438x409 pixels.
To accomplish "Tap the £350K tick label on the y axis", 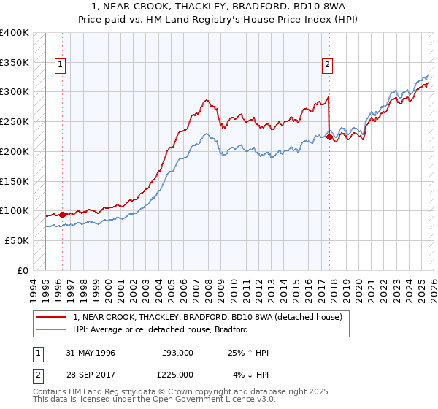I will pyautogui.click(x=15, y=63).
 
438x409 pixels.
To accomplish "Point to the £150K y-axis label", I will pyautogui.click(x=15, y=181).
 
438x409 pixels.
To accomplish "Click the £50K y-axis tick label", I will pyautogui.click(x=17, y=240).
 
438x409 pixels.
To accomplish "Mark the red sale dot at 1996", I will pyautogui.click(x=62, y=215).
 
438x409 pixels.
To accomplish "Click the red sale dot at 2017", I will pyautogui.click(x=329, y=137).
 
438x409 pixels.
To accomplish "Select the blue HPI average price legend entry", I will pyautogui.click(x=161, y=329).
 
